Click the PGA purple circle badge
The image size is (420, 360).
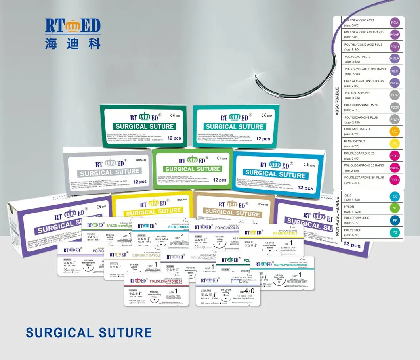point(395,23)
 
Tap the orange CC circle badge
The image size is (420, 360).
point(395,131)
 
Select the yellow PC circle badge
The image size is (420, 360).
point(395,143)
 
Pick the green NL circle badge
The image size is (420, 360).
point(395,209)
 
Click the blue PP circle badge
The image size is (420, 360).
point(395,220)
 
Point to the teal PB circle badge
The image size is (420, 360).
point(395,232)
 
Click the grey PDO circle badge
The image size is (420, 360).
point(395,95)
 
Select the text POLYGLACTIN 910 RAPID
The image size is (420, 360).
point(365,69)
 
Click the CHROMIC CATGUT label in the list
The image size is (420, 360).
point(357,129)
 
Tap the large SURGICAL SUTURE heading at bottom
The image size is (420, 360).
point(89,333)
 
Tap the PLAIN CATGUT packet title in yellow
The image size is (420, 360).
point(286,234)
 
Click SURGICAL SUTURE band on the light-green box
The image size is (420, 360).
point(193,169)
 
